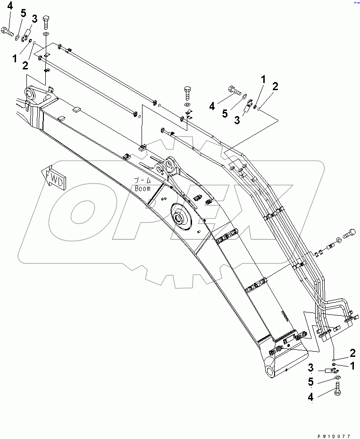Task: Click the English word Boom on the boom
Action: (142, 188)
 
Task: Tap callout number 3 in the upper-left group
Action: (34, 18)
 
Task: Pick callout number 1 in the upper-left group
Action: (15, 59)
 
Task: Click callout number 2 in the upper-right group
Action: (275, 86)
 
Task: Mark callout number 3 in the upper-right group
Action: (237, 120)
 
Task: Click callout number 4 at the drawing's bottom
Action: (310, 397)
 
